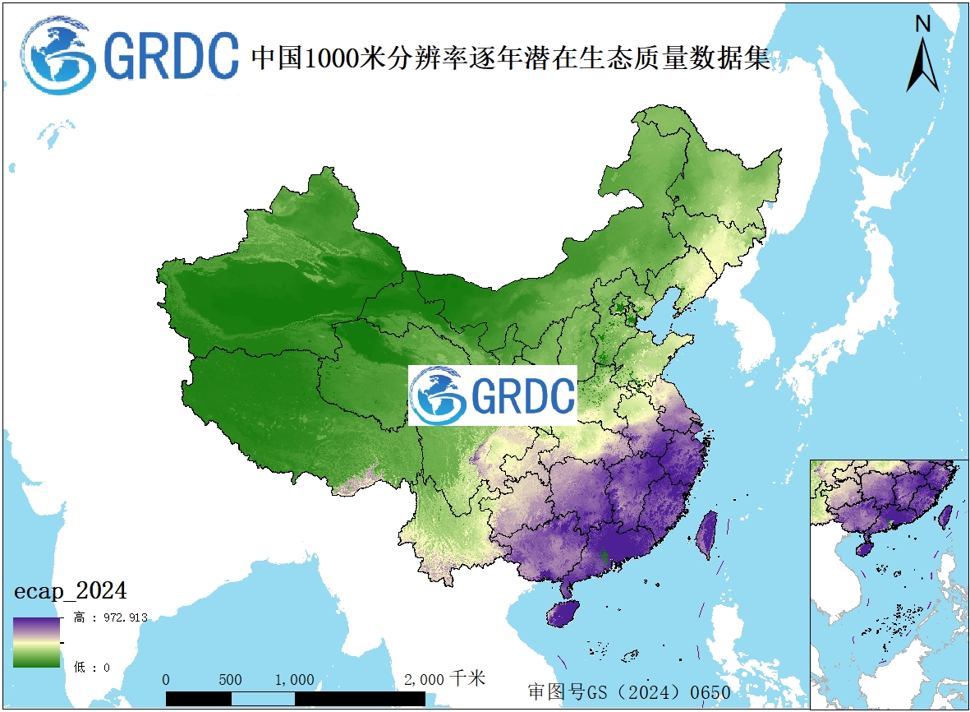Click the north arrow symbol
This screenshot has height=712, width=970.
point(922,65)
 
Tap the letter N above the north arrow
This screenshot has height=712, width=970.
point(922,24)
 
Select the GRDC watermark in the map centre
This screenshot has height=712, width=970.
point(493,395)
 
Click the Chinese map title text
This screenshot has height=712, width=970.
point(510,58)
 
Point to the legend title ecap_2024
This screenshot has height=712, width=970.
point(70,590)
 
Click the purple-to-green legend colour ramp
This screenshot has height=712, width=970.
point(36,642)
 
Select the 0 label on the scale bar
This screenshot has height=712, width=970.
point(167,680)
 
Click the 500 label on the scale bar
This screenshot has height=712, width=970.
point(231,680)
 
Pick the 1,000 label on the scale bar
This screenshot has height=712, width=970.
point(294,680)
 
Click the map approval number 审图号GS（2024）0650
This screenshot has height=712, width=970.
point(629,691)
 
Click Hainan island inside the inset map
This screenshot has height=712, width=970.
point(862,548)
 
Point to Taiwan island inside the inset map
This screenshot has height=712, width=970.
point(945,516)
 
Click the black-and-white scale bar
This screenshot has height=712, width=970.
point(295,698)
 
